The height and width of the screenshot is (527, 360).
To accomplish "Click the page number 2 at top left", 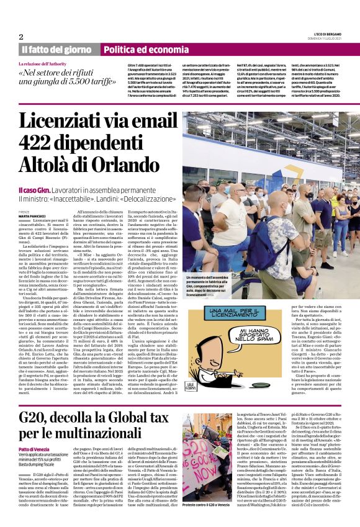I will coord(20,37).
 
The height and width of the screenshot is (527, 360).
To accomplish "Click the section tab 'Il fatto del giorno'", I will coord(56,50).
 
